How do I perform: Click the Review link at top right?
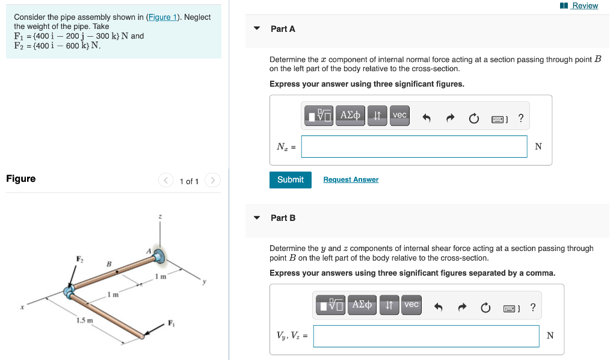(x=584, y=5)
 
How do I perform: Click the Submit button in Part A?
(x=291, y=179)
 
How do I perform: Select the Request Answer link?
(x=351, y=179)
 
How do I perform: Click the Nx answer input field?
(x=414, y=146)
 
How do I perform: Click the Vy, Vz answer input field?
(x=426, y=336)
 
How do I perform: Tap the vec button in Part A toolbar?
(x=399, y=115)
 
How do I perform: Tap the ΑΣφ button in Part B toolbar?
(x=363, y=305)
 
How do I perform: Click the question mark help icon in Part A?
(x=520, y=119)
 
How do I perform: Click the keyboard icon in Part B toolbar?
(x=510, y=308)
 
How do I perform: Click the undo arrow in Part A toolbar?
(x=427, y=119)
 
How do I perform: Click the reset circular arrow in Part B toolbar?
(x=485, y=308)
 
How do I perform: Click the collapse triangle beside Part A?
(x=257, y=28)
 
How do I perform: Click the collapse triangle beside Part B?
(x=257, y=218)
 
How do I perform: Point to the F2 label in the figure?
(x=79, y=259)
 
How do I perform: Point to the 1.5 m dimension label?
(x=85, y=320)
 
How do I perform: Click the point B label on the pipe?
(x=109, y=264)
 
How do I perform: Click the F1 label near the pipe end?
(x=171, y=321)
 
